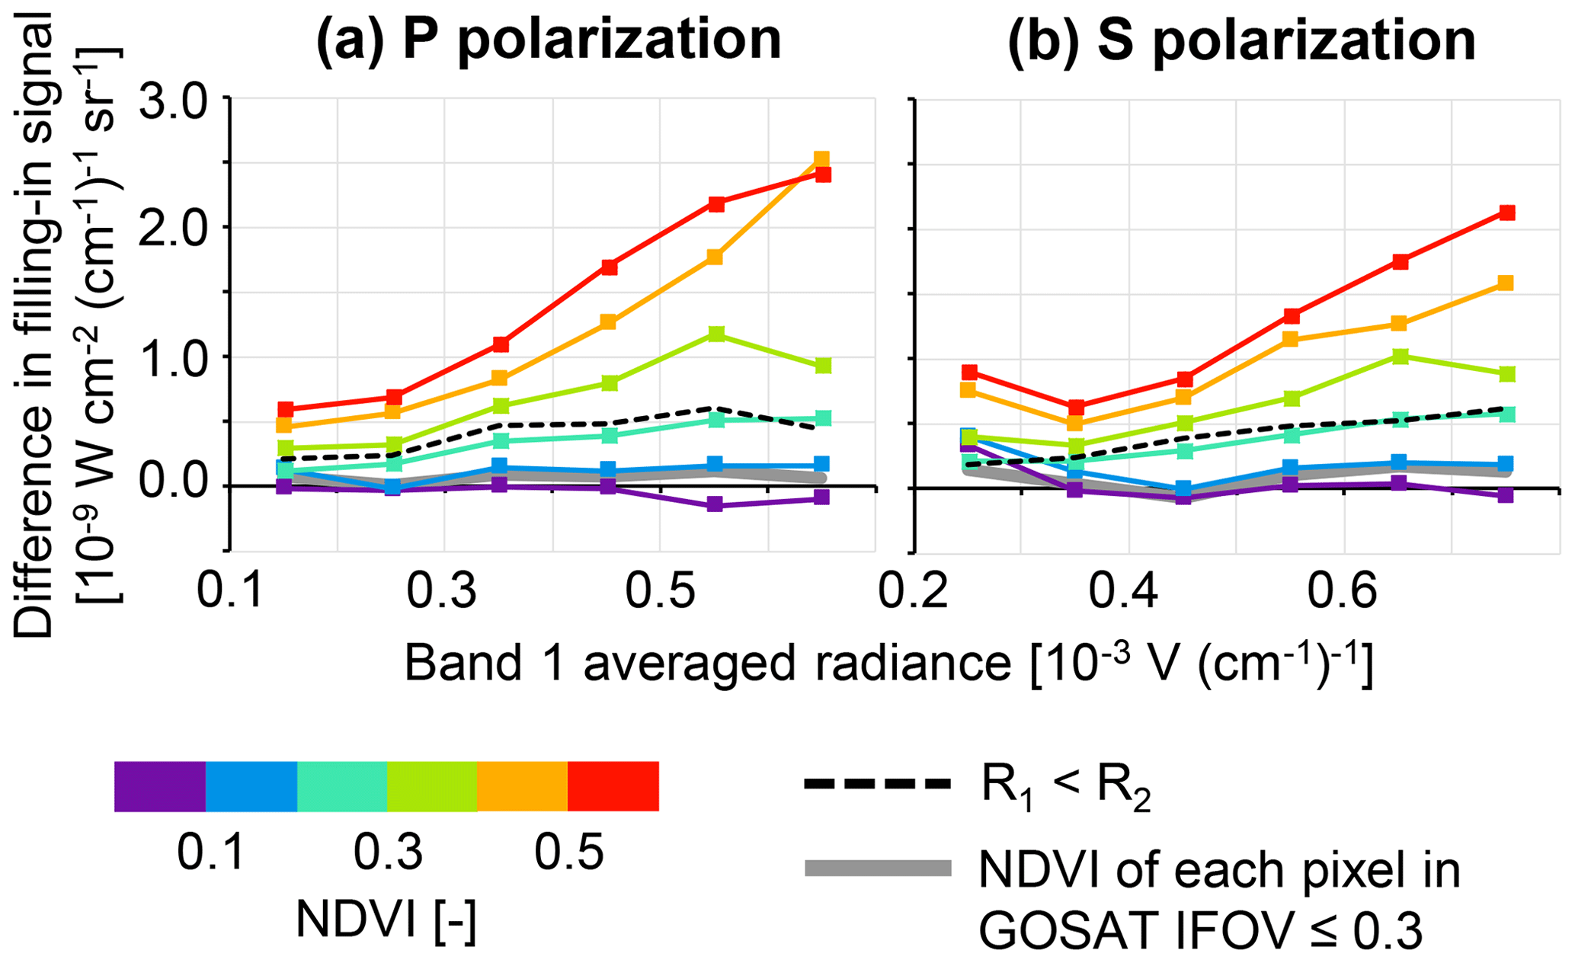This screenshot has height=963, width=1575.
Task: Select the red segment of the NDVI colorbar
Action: [x=613, y=786]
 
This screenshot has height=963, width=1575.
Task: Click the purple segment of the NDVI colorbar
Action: [x=160, y=786]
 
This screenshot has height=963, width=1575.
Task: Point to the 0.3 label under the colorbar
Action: [x=387, y=853]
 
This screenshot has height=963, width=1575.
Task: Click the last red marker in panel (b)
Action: [x=1506, y=213]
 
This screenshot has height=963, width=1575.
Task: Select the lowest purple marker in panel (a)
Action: [x=715, y=504]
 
